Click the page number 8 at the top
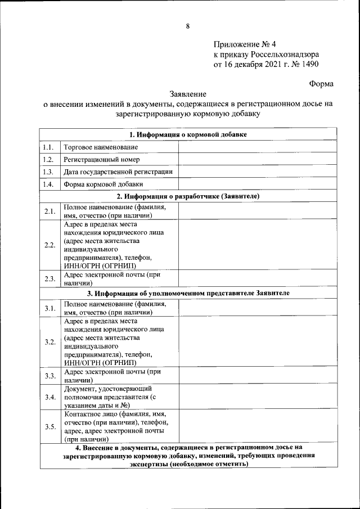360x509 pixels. tap(188, 26)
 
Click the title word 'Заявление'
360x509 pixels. tap(188, 94)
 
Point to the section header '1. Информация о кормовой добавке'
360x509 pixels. tap(188, 134)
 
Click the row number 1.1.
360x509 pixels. tap(49, 147)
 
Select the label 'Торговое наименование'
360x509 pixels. tap(101, 147)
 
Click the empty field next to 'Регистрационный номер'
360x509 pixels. tap(258, 160)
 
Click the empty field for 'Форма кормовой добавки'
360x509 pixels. tap(258, 184)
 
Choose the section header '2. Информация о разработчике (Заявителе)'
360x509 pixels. tap(188, 196)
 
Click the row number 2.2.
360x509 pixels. tap(49, 245)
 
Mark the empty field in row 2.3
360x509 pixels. tap(258, 279)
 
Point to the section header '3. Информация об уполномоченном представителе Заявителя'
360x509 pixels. tap(188, 293)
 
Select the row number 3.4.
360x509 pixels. tap(49, 397)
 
